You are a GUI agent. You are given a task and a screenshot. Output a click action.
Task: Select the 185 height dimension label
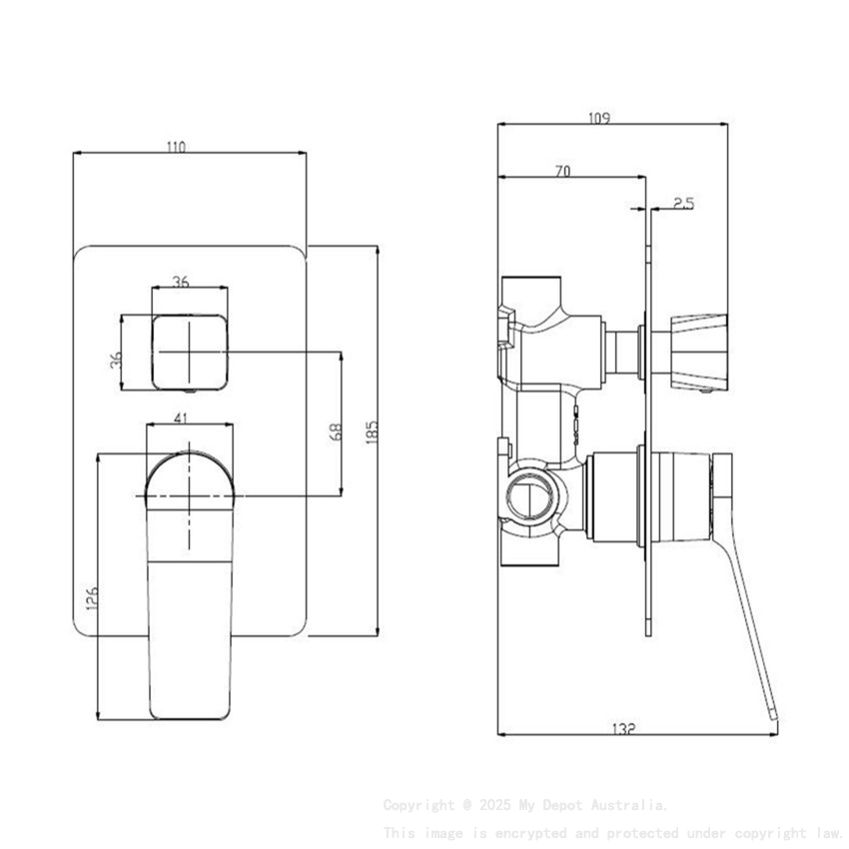[x=372, y=431]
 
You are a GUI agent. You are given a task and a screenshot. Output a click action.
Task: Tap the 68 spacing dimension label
[x=336, y=431]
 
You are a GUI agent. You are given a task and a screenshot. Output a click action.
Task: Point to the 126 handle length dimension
[x=91, y=597]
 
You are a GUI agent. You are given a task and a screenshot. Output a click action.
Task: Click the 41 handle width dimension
[x=181, y=419]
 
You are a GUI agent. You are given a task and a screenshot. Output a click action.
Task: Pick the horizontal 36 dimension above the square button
[x=181, y=282]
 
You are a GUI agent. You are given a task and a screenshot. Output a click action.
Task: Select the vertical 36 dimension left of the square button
[x=116, y=358]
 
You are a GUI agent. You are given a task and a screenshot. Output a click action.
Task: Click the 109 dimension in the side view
[x=599, y=118]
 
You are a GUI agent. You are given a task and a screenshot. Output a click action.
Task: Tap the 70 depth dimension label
[x=561, y=172]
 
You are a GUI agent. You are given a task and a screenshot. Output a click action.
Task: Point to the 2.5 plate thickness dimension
[x=684, y=203]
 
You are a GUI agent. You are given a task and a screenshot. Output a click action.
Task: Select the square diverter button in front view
[x=189, y=352]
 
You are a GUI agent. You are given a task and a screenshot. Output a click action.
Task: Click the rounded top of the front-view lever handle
[x=189, y=474]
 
